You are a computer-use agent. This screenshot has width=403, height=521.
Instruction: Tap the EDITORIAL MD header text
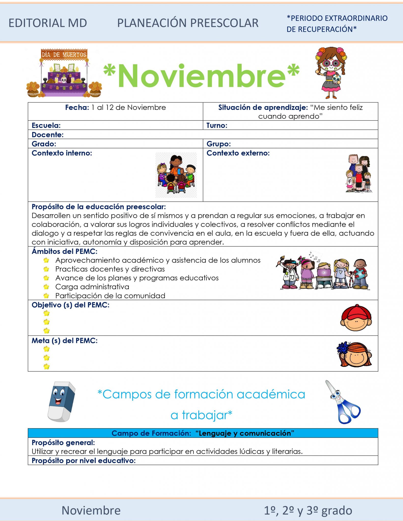pyautogui.click(x=48, y=23)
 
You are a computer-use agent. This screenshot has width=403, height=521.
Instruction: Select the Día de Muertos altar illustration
pyautogui.click(x=64, y=73)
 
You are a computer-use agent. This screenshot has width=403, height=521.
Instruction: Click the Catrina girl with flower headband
pyautogui.click(x=331, y=72)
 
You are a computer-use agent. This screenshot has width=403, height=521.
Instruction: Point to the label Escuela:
pyautogui.click(x=46, y=125)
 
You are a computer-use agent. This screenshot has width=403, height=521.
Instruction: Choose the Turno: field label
pyautogui.click(x=217, y=125)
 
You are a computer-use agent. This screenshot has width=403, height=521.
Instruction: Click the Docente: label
pyautogui.click(x=48, y=135)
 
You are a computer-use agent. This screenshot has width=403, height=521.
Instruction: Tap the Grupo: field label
pyautogui.click(x=218, y=144)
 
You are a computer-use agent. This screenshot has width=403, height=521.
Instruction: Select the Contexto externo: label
pyautogui.click(x=238, y=153)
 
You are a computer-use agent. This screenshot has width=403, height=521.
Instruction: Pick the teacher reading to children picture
pyautogui.click(x=176, y=175)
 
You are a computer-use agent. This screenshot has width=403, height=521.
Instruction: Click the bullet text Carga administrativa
pyautogui.click(x=92, y=287)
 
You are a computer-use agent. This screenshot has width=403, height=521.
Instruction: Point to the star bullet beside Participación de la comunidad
pyautogui.click(x=46, y=296)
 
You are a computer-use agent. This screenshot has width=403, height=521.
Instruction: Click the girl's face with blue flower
pyautogui.click(x=354, y=354)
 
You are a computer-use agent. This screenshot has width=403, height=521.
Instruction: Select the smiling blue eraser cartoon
pyautogui.click(x=61, y=401)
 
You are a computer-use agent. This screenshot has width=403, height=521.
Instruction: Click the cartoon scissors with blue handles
pyautogui.click(x=343, y=402)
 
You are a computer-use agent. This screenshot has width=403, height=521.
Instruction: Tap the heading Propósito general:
pyautogui.click(x=63, y=443)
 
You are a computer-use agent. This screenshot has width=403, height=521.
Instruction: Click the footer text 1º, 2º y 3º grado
pyautogui.click(x=308, y=510)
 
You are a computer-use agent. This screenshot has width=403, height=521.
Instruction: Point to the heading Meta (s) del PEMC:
pyautogui.click(x=64, y=341)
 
